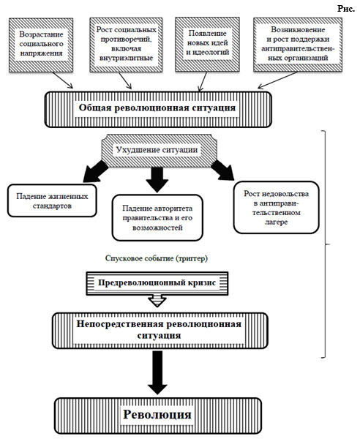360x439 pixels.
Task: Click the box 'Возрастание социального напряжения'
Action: [41, 45]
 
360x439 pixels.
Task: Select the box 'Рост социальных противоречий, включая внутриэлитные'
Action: [126, 45]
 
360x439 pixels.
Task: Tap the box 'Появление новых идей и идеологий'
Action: [207, 44]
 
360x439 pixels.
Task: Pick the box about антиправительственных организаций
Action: [298, 45]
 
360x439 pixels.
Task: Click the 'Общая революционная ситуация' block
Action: [158, 109]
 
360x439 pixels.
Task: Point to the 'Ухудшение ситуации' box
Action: [159, 151]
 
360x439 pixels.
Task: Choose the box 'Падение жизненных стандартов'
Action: [52, 200]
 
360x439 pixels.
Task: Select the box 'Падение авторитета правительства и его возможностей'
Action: [157, 218]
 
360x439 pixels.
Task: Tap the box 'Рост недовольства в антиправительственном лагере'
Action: [277, 208]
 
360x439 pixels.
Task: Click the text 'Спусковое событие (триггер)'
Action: [157, 258]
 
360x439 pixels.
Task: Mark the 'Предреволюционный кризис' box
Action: [157, 283]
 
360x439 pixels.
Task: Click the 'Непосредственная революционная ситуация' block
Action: [160, 331]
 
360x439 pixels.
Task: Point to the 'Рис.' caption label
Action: [346, 9]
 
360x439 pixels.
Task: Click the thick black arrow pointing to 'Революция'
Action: [158, 373]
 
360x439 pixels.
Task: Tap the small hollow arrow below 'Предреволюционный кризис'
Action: [157, 301]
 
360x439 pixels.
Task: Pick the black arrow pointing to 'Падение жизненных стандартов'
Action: [95, 171]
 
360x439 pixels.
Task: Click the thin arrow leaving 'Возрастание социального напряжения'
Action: [62, 80]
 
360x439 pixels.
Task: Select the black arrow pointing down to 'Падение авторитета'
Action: [157, 180]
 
